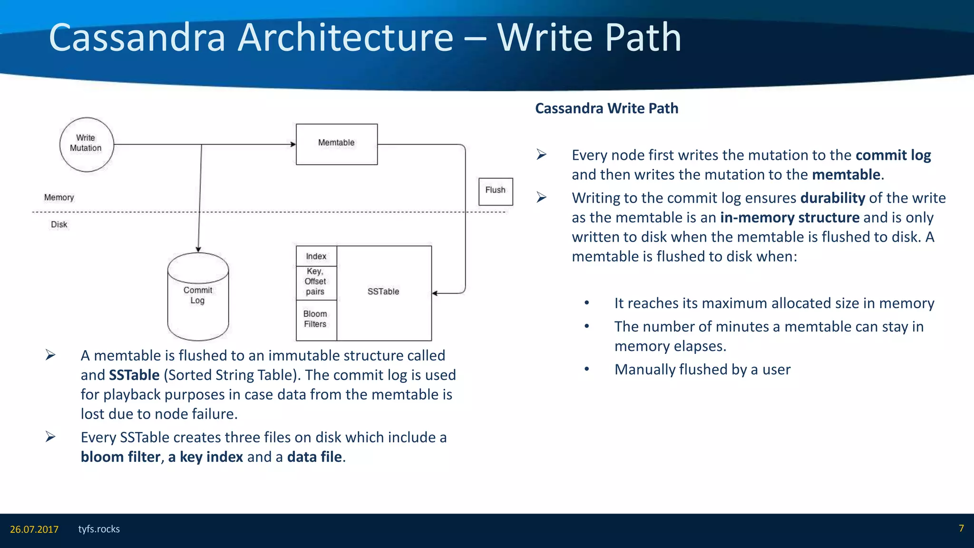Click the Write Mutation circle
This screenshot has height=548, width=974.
coord(86,144)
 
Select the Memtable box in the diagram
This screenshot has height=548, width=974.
coord(336,144)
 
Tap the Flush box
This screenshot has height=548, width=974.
coord(495,191)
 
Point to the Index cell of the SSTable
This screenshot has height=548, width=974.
coord(316,256)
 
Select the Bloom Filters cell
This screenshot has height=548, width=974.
coord(316,319)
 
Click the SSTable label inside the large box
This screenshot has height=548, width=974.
coord(383,292)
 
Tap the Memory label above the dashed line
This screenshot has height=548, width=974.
coord(59,197)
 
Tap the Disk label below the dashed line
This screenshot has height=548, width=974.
coord(59,225)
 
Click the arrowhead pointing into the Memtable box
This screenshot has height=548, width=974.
coord(293,144)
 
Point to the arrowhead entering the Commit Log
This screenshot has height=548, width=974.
coord(198,249)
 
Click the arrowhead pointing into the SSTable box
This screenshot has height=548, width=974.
coord(435,294)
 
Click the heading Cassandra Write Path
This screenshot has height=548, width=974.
coord(606,108)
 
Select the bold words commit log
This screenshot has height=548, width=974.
coord(893,155)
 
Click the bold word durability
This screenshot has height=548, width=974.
coord(832,198)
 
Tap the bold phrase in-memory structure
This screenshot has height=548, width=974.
coord(789,217)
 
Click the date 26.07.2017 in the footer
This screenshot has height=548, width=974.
coord(34,529)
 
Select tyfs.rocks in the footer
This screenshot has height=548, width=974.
coord(99,529)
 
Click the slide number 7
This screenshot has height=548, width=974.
coord(961,528)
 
